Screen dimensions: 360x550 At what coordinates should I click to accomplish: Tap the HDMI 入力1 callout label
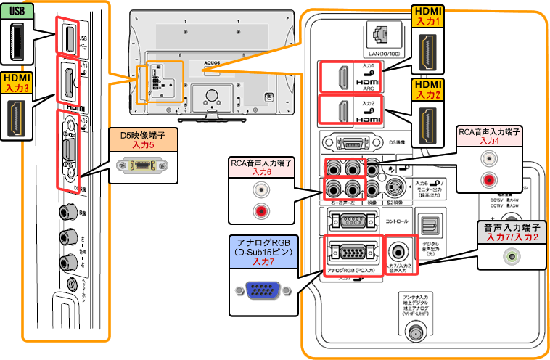coord(428,17)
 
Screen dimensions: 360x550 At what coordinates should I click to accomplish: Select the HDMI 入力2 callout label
coord(428,90)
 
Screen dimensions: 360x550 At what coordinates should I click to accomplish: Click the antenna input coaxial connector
coord(416,333)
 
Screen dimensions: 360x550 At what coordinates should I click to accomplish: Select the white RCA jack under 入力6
coord(259,191)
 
